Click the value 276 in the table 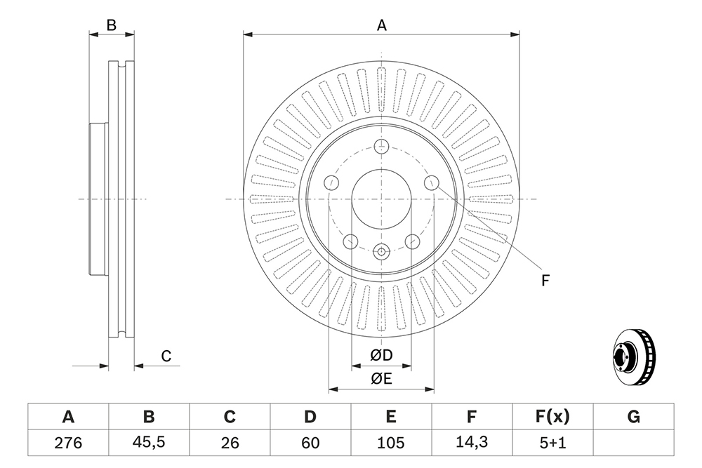tap(68, 443)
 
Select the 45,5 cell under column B tap(149, 442)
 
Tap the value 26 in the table tap(230, 443)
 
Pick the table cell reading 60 tap(310, 443)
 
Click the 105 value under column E tap(391, 443)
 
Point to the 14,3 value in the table tap(472, 442)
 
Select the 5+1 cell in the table tap(552, 443)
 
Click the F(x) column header tap(552, 417)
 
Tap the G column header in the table tap(633, 417)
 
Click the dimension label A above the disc tap(381, 25)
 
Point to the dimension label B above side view tap(112, 25)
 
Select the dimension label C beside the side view tap(166, 356)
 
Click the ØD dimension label tap(381, 355)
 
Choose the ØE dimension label tap(381, 379)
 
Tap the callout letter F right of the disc tap(545, 281)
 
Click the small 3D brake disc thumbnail tap(633, 358)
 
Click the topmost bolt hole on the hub tap(381, 146)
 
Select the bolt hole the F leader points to tap(432, 182)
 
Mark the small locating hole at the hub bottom tap(381, 251)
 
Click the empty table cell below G tap(633, 443)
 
